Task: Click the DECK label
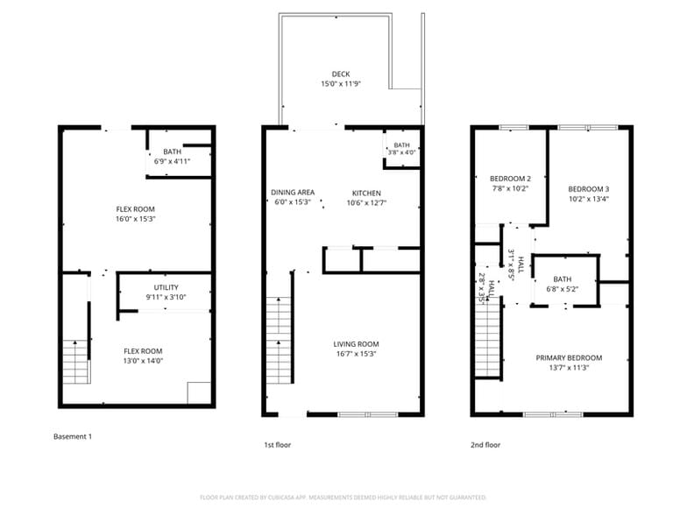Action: [x=341, y=74]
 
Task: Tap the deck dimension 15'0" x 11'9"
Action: [x=341, y=84]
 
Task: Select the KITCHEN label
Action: [x=366, y=193]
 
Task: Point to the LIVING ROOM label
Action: [x=356, y=344]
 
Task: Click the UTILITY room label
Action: [x=166, y=287]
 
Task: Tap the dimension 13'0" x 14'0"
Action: [x=142, y=360]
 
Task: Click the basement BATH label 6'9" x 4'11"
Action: [x=172, y=161]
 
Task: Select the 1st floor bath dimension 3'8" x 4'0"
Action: [x=401, y=154]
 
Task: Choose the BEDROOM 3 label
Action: [x=588, y=189]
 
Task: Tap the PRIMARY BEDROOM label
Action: [x=569, y=358]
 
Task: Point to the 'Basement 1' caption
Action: [x=73, y=436]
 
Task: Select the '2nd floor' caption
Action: [x=485, y=445]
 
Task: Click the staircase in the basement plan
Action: [x=76, y=361]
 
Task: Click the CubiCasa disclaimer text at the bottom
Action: [x=343, y=497]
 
